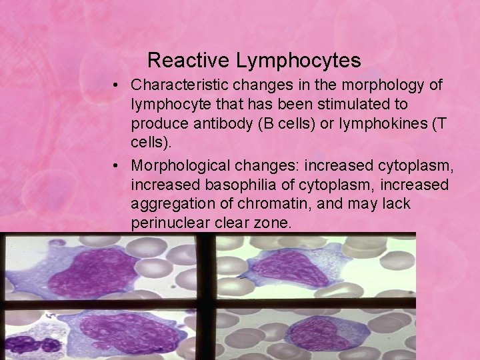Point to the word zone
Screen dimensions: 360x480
pos(273,222)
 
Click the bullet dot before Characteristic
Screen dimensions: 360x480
pos(116,85)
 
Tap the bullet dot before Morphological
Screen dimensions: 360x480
pos(116,164)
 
